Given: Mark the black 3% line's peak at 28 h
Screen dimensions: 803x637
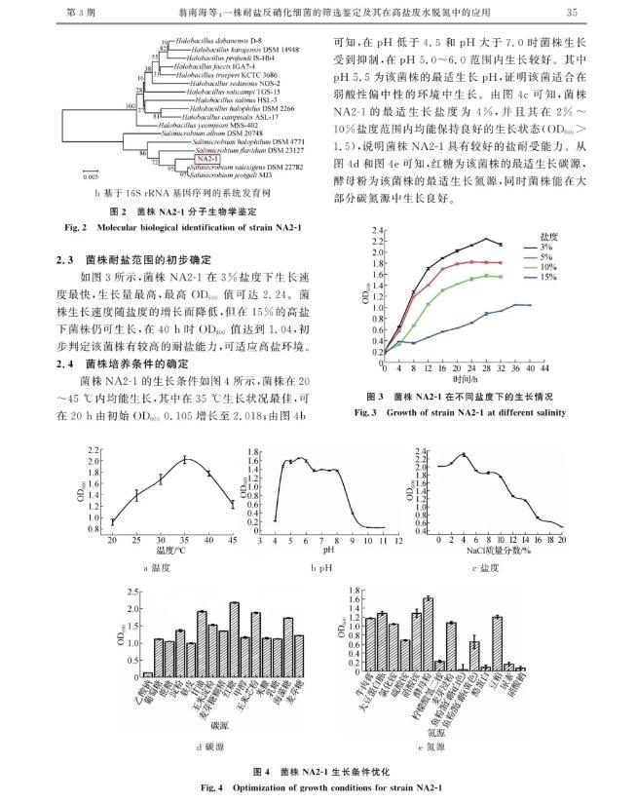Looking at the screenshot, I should (486, 238).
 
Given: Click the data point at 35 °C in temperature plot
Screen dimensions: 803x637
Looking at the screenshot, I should (184, 459).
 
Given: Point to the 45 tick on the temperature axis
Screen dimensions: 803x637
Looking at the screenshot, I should (232, 541).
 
